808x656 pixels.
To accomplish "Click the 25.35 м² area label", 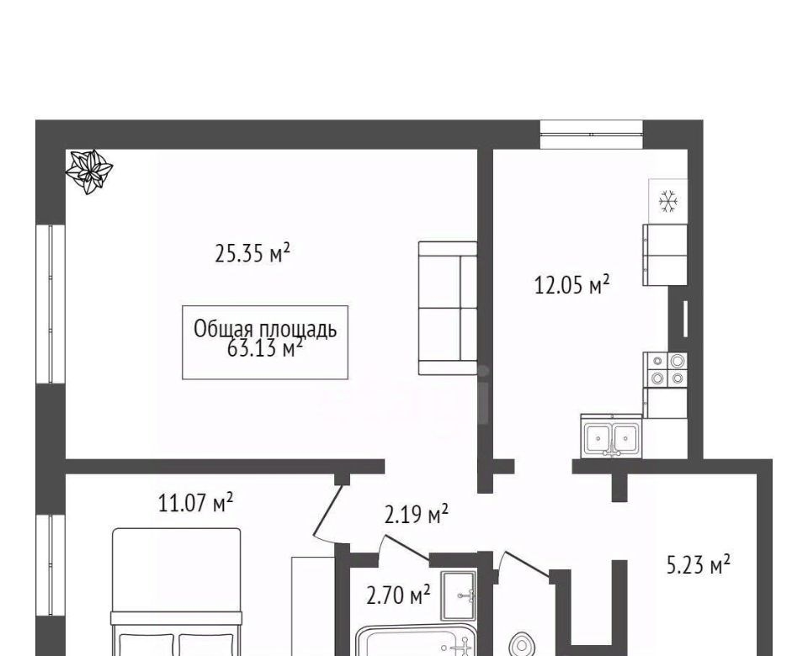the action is pyautogui.click(x=252, y=253).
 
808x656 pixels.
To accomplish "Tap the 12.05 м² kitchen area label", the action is pyautogui.click(x=572, y=284).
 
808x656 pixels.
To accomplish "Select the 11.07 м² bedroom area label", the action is pyautogui.click(x=196, y=503).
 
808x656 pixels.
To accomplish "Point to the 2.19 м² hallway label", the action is pyautogui.click(x=417, y=513).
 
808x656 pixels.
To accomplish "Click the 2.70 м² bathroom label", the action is pyautogui.click(x=398, y=595).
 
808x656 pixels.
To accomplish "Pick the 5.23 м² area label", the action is pyautogui.click(x=699, y=564).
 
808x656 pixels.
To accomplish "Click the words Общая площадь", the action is pyautogui.click(x=265, y=329).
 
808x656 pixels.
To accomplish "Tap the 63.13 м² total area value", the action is pyautogui.click(x=264, y=348).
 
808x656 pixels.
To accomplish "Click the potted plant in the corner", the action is pyautogui.click(x=90, y=171).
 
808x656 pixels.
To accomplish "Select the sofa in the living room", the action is pyautogui.click(x=448, y=308).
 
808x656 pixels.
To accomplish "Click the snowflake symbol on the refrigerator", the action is pyautogui.click(x=668, y=201).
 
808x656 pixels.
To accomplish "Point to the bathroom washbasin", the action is pyautogui.click(x=459, y=595).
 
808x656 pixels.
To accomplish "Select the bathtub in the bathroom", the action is pyautogui.click(x=416, y=640).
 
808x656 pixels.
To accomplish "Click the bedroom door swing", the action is pyautogui.click(x=330, y=511).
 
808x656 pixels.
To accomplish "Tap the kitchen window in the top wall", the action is pyautogui.click(x=592, y=135).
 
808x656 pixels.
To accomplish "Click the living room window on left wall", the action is pyautogui.click(x=50, y=304).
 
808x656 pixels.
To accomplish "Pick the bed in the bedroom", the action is pyautogui.click(x=176, y=592).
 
